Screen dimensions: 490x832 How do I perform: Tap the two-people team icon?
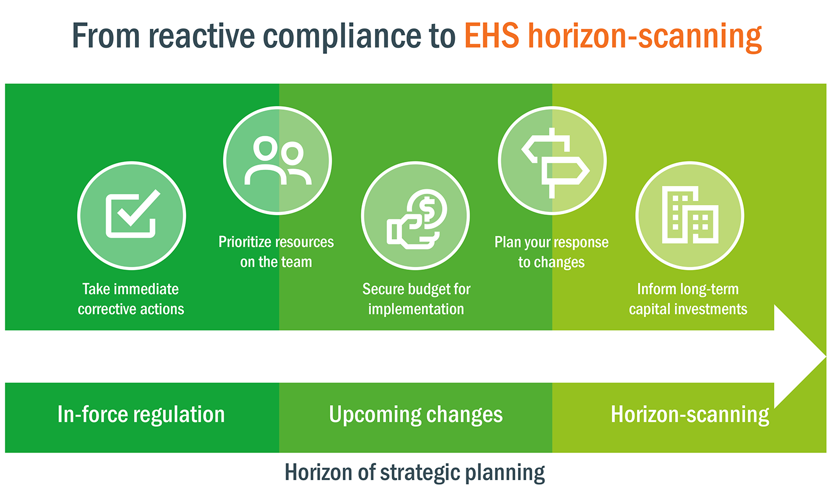[278, 161]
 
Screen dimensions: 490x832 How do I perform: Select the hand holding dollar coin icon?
[416, 218]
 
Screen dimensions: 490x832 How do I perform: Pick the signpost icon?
[554, 162]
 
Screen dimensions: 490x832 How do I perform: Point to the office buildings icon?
[689, 216]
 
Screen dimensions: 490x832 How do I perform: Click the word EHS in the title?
[491, 36]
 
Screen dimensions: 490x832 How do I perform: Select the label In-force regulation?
[141, 415]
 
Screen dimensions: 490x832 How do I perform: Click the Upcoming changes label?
[416, 415]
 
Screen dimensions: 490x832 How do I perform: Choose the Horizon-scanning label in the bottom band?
[689, 415]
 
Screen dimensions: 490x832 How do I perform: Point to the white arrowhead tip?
[823, 357]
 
